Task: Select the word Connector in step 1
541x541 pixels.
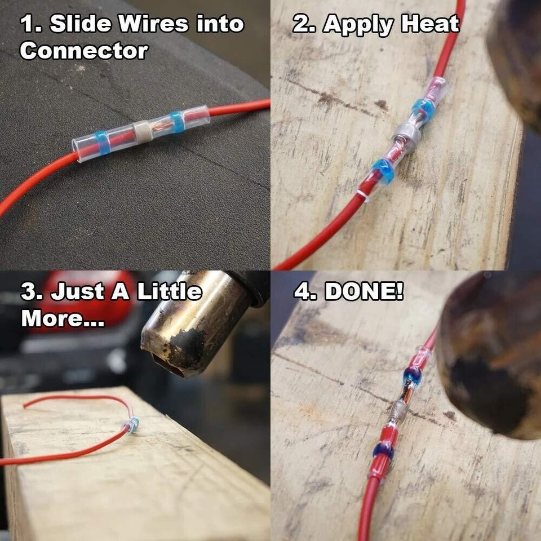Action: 84,51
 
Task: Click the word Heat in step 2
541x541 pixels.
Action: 431,25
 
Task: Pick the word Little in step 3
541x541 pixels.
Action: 170,292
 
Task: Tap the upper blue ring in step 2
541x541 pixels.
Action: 422,107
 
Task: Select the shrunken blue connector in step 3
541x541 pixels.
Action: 133,424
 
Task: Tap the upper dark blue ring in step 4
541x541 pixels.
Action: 411,376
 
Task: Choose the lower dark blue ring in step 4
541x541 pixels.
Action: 384,451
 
